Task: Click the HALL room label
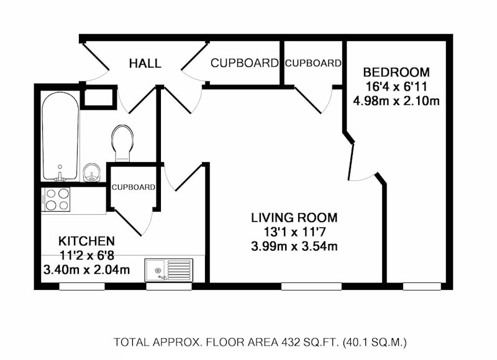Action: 145,63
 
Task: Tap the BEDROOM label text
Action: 396,72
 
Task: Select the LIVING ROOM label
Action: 294,218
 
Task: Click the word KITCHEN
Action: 86,241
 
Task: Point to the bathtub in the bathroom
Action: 60,136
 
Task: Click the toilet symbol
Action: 122,143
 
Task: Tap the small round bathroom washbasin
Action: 92,173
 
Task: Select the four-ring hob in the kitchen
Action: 56,199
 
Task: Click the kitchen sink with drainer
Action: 168,270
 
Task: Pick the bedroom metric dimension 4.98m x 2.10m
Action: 396,101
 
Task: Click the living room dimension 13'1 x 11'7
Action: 294,232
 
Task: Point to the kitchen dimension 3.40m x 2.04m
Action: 86,270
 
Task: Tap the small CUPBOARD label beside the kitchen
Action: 134,187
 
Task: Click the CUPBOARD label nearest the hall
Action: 244,63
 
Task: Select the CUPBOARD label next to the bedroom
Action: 313,63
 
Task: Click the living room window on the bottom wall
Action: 311,287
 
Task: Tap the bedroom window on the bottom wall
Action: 422,287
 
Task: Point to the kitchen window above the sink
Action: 168,287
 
